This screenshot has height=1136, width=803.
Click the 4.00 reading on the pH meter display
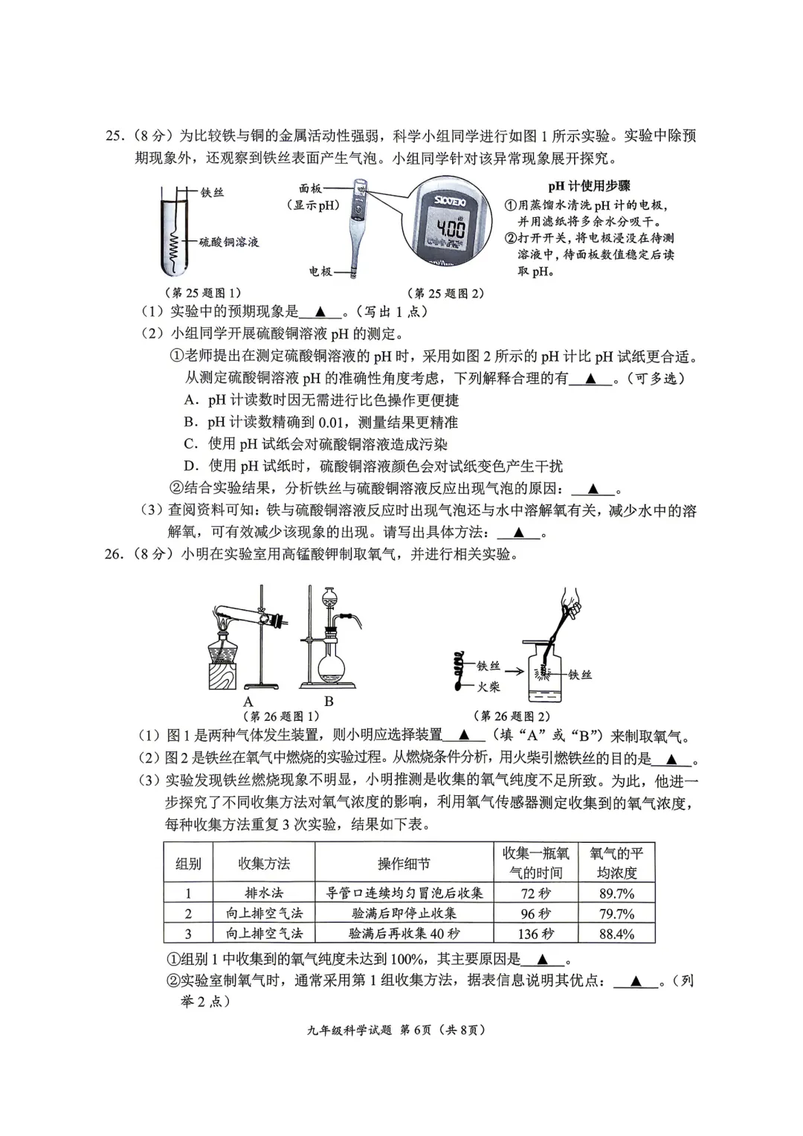pos(451,228)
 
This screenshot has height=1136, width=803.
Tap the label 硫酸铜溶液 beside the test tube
pos(229,242)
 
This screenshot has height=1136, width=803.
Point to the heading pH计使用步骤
pos(589,186)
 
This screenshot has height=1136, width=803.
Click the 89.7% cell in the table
pos(616,893)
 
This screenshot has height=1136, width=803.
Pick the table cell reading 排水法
pos(264,893)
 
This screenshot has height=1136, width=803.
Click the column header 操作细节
pos(404,864)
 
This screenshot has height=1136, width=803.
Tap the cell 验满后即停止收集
pos(404,914)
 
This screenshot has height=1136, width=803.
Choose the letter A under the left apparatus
pos(248,701)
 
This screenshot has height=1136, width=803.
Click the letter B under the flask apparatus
pos(329,701)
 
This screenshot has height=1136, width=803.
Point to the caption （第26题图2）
pos(512,716)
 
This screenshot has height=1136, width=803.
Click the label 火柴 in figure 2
pos(488,687)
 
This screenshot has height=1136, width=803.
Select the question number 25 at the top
pos(114,136)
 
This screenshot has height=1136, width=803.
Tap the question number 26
pos(114,554)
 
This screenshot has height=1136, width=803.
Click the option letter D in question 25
pos(191,466)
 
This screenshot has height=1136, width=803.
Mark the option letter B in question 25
pos(190,423)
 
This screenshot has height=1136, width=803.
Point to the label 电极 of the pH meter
pos(320,272)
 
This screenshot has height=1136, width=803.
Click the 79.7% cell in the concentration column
pos(616,914)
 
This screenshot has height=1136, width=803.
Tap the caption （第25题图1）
pos(202,293)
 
